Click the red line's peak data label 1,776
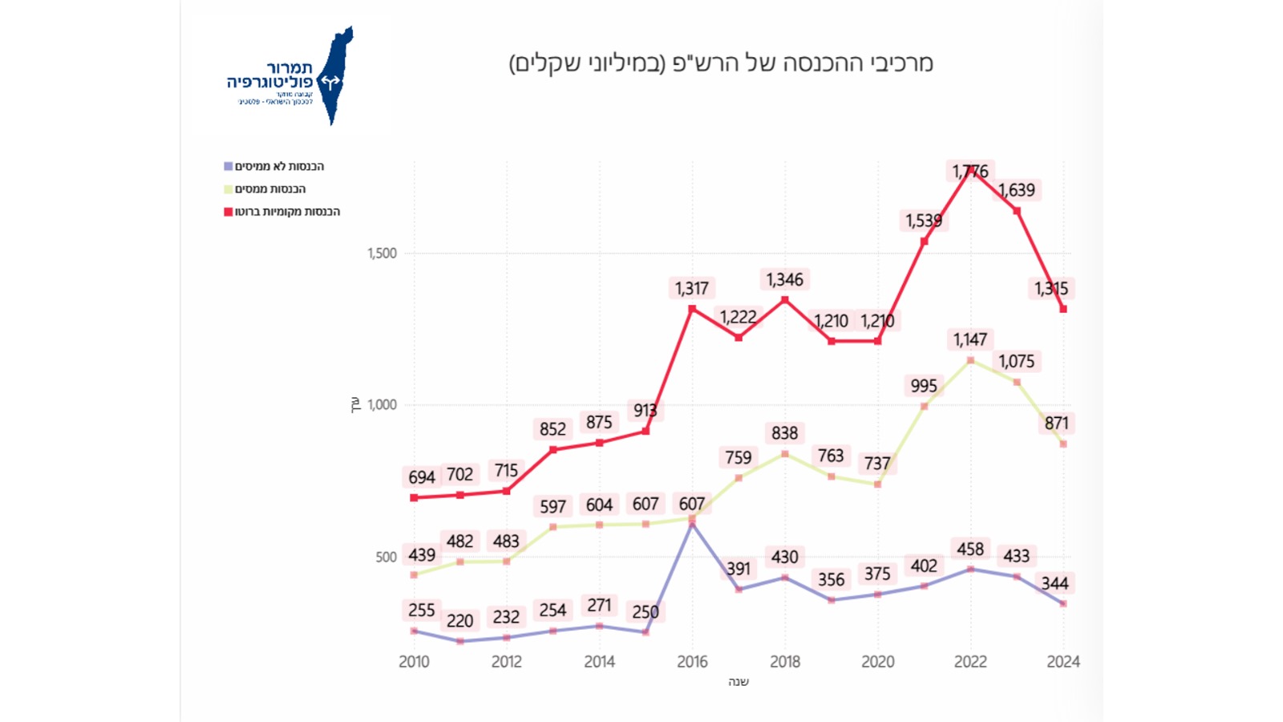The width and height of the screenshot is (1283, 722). pos(970,172)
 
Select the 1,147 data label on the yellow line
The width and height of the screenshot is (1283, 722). pos(970,340)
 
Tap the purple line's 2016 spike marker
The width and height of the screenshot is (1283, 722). pos(692,524)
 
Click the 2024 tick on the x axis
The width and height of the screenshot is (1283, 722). pos(1063,662)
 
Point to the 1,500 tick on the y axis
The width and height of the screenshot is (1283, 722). pos(382,254)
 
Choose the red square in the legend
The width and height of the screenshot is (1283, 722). pos(229,212)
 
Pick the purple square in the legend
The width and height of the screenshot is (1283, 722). pos(229,167)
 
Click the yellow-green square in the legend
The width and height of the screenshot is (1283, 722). pos(229,189)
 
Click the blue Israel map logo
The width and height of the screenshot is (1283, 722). pos(335,76)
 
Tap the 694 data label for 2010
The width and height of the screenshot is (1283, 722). pos(422,478)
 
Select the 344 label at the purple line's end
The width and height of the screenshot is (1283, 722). pos(1054,584)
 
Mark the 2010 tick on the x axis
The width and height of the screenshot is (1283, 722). pos(414,662)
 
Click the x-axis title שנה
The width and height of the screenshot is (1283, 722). pos(739,682)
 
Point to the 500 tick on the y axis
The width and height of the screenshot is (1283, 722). pos(386,558)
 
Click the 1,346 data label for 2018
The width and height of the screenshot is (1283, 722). pos(784,280)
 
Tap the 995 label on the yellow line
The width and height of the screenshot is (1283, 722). pos(924,386)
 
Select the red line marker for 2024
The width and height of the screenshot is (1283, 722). pos(1063,309)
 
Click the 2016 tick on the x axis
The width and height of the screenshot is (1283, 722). pos(692,662)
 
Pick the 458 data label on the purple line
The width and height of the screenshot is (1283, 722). pos(970,550)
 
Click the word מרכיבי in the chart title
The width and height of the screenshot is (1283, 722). pos(902,63)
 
